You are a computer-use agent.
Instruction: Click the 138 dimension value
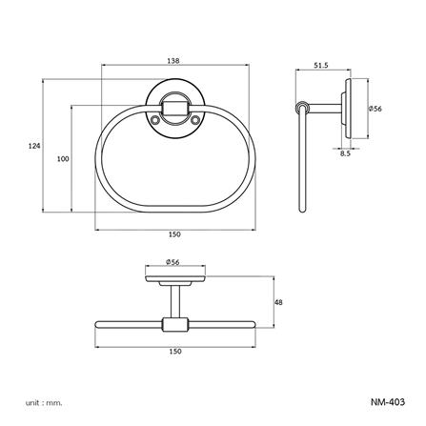click(172, 60)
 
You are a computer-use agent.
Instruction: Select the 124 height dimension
click(34, 146)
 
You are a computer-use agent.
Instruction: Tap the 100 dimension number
click(63, 159)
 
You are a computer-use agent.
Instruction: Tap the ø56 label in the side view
click(375, 109)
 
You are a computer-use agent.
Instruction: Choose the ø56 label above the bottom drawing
click(172, 261)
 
